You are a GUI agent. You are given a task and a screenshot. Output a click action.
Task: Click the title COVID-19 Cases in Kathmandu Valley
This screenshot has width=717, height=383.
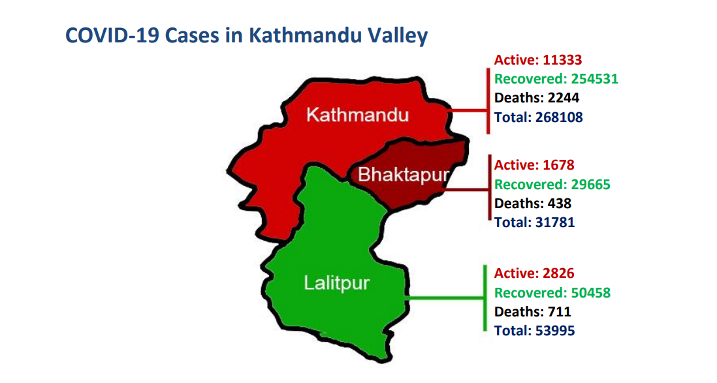click(x=246, y=36)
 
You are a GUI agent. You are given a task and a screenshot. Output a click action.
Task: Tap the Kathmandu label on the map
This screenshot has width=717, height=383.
click(x=358, y=115)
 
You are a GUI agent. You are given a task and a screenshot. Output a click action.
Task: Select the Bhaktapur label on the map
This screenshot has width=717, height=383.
click(x=404, y=175)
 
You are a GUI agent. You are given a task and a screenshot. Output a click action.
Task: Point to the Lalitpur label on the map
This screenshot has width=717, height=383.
click(x=336, y=283)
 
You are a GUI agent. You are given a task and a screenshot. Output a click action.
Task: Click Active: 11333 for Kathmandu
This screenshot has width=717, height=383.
click(x=538, y=60)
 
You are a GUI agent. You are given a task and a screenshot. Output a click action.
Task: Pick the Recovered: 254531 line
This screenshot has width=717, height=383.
click(x=556, y=78)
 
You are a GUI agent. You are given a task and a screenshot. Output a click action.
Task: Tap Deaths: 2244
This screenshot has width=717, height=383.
click(x=537, y=98)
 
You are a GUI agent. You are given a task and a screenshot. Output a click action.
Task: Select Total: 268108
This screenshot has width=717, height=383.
click(x=539, y=117)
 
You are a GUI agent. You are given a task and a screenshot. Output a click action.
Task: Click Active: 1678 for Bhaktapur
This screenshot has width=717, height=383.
click(x=534, y=165)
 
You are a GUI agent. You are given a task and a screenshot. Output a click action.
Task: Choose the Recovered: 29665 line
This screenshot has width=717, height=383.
click(x=552, y=184)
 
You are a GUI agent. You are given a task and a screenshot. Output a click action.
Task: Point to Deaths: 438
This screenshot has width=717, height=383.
click(x=533, y=204)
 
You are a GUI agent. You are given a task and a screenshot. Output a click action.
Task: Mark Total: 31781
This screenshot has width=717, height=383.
click(x=535, y=222)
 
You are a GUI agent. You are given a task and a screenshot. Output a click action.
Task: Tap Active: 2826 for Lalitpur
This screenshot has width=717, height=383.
click(x=534, y=273)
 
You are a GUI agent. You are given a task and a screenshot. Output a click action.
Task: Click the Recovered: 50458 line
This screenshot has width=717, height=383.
click(x=552, y=292)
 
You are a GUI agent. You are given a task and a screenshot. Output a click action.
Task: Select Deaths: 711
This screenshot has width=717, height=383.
click(x=533, y=312)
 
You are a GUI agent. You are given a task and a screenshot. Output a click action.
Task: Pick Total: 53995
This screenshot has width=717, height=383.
click(x=535, y=330)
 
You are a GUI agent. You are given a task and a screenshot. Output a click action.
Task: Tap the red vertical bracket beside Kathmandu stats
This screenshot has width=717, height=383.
click(x=488, y=101)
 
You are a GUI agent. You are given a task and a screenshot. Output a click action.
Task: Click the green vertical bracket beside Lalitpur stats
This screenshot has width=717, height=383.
click(x=485, y=298)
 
